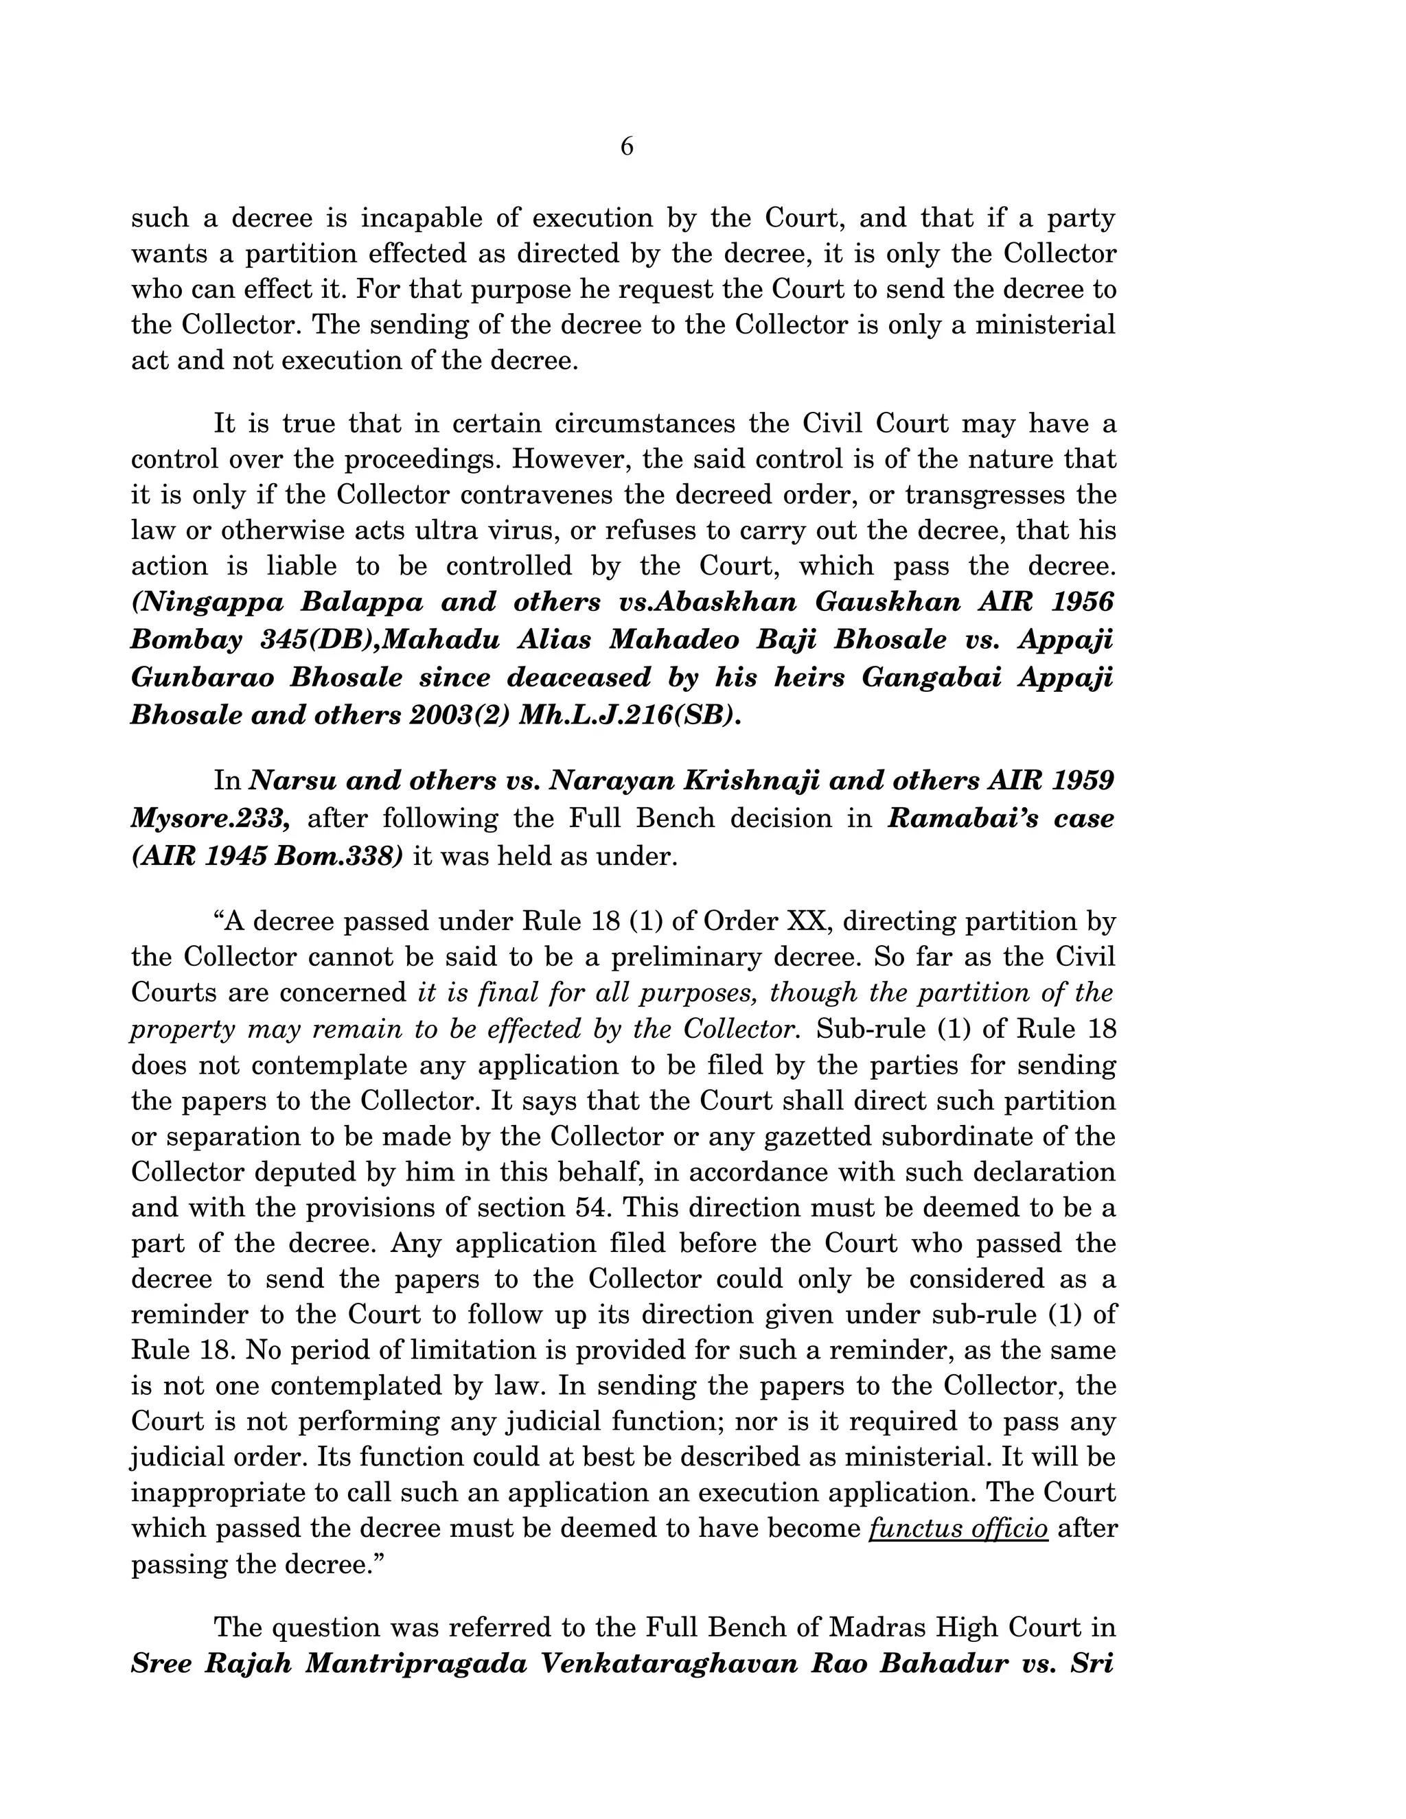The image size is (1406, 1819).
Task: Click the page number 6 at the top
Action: tap(626, 147)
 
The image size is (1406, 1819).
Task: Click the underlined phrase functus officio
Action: tap(958, 1529)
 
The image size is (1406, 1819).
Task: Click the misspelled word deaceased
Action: tap(579, 677)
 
